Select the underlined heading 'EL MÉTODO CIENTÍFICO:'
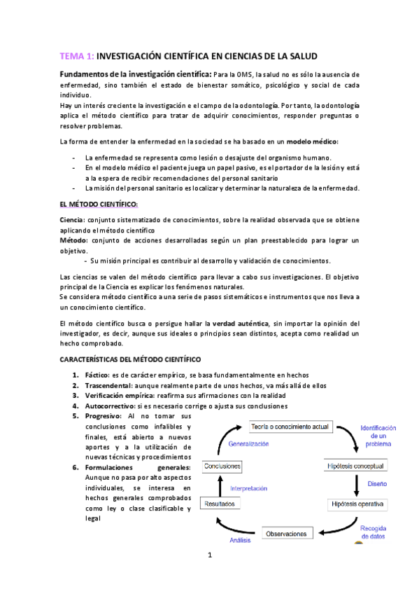pos(99,204)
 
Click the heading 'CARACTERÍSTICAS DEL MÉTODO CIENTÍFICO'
pos(130,359)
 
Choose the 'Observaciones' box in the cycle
pos(294,534)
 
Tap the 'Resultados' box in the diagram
pos(222,504)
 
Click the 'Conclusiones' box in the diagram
pos(224,465)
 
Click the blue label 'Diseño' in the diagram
pos(377,484)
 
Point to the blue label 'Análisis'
pos(240,540)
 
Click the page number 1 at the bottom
pos(209,575)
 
